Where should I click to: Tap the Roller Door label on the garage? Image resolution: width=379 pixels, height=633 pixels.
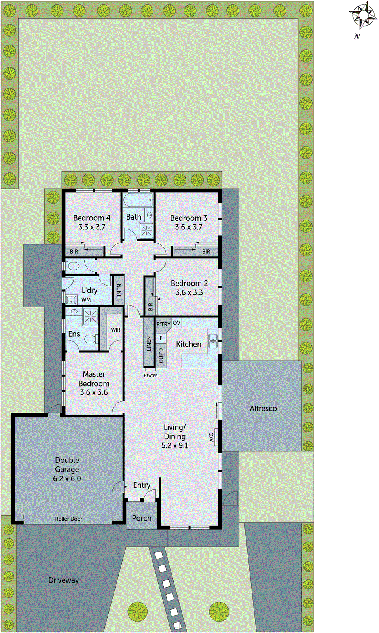coord(68,519)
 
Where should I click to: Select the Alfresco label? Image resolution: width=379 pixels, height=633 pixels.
coord(263,408)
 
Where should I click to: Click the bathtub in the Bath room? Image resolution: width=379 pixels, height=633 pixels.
coord(137,200)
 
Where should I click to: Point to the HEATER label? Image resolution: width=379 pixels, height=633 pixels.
coord(151,376)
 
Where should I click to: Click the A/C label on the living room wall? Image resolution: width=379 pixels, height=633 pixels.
coord(212,437)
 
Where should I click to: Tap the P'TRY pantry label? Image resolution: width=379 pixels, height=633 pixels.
coord(163,324)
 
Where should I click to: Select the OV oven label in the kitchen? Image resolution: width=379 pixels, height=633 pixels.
coord(176,323)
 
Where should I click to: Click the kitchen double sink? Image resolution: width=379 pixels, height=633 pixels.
coord(213,341)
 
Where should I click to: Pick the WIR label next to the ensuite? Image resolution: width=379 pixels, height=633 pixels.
coord(116,330)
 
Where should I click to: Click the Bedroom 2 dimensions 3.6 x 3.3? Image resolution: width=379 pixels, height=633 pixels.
coord(189,292)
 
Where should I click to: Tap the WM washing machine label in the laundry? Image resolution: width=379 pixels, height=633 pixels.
coord(86,300)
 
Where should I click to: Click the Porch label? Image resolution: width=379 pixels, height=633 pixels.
coord(142,518)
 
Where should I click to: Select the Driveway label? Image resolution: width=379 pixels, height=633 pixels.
coord(63,580)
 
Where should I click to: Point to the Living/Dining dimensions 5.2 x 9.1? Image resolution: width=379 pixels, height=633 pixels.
coord(174,445)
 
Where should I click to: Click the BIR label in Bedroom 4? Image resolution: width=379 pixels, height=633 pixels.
coord(74,251)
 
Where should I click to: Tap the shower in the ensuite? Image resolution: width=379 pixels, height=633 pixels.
coord(90,316)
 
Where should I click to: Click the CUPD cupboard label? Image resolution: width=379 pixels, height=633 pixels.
coord(161,355)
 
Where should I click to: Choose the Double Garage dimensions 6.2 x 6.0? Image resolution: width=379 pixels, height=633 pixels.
coord(67,478)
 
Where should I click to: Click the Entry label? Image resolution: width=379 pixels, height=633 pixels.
coord(142,485)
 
